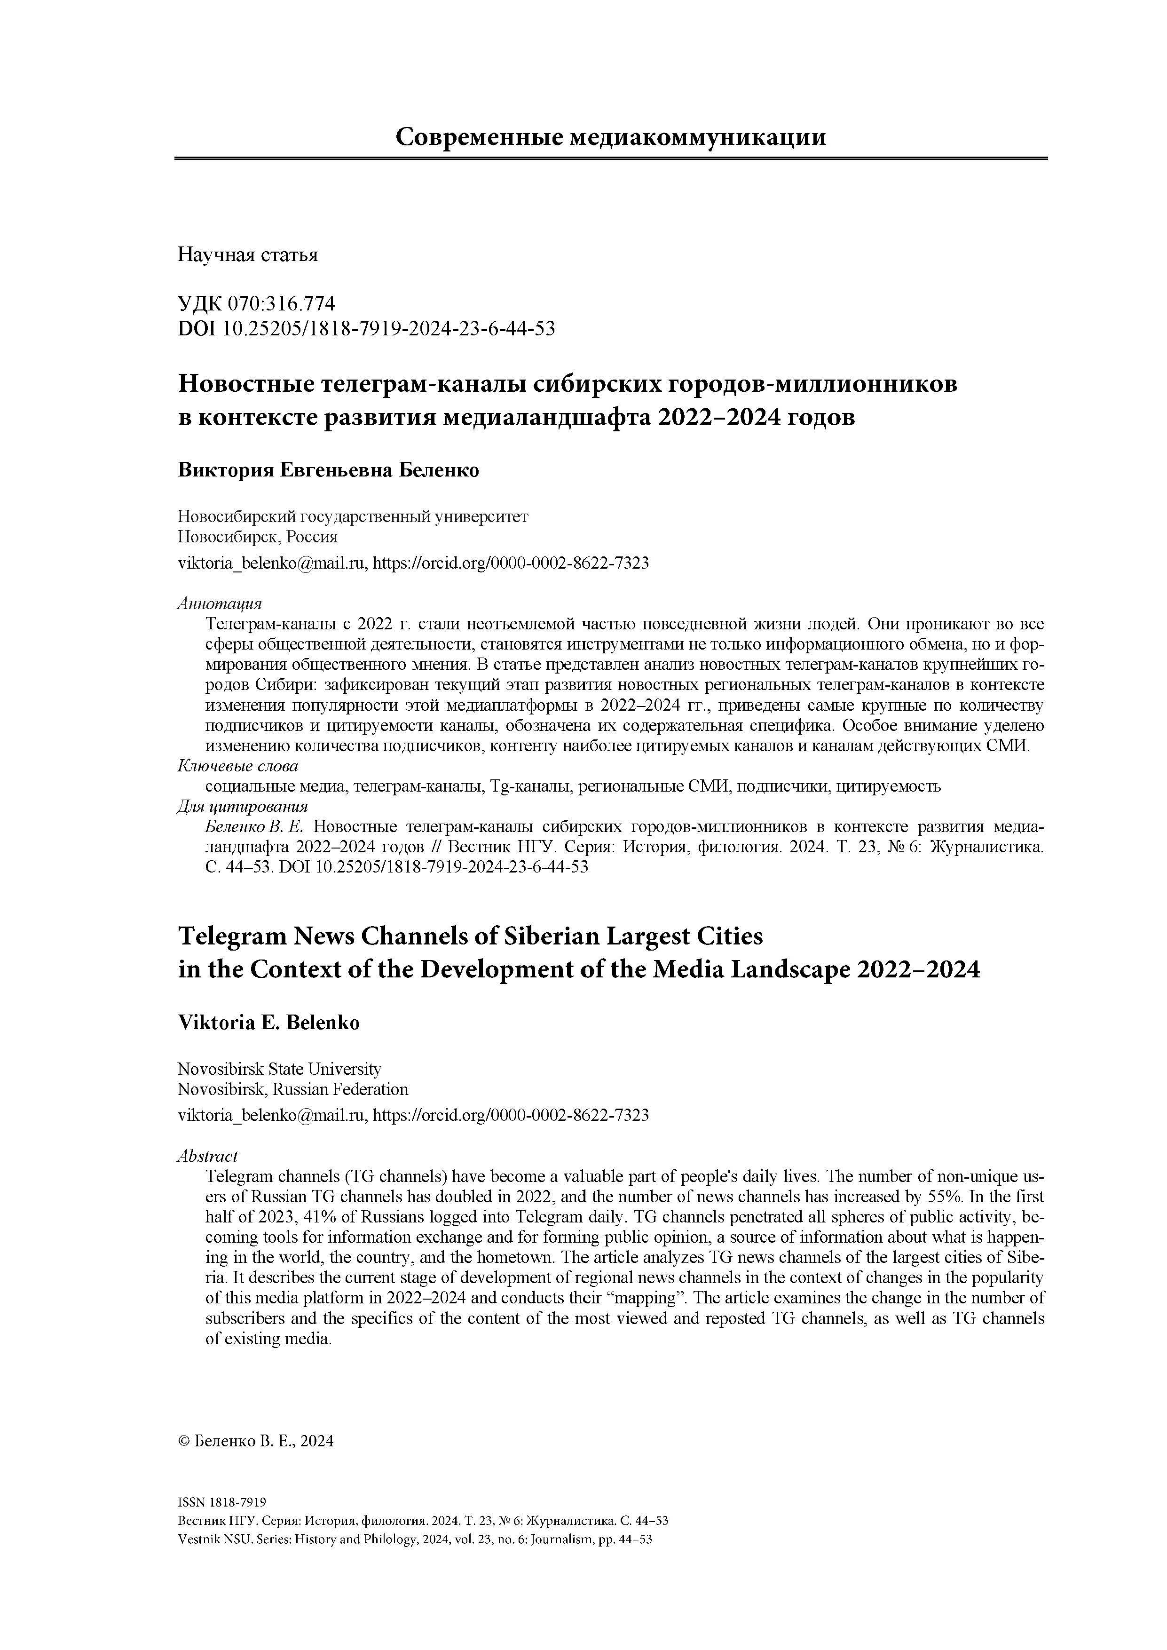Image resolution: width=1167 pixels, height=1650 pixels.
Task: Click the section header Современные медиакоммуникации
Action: coord(610,136)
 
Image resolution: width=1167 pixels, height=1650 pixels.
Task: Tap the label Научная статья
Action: coord(247,255)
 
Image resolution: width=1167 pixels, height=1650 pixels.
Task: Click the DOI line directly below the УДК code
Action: coord(366,328)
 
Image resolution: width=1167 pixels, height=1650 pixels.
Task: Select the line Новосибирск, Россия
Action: coord(257,537)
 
